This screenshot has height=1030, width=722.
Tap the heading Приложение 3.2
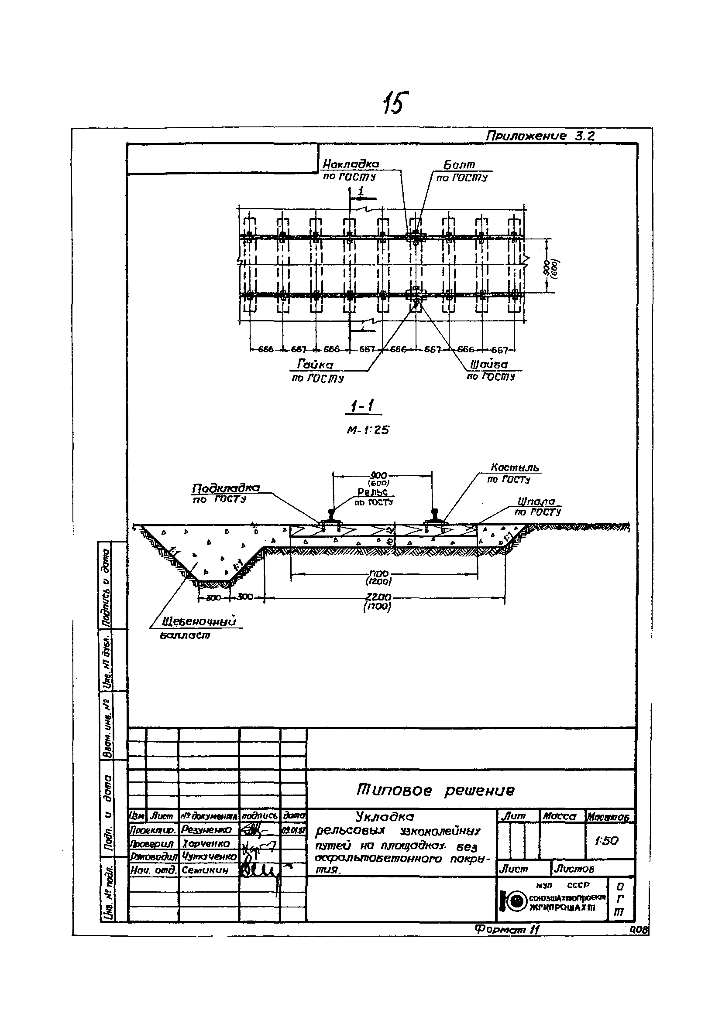pyautogui.click(x=540, y=136)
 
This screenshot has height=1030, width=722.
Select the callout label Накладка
pyautogui.click(x=351, y=164)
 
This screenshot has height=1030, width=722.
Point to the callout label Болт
pyautogui.click(x=459, y=165)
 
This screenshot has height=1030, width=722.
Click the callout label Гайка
pyautogui.click(x=315, y=365)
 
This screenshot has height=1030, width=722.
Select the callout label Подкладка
pyautogui.click(x=226, y=488)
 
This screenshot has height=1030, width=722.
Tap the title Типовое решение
pyautogui.click(x=435, y=790)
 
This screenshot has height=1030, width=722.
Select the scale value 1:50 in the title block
pyautogui.click(x=606, y=841)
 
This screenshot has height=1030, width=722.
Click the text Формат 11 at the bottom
pyautogui.click(x=506, y=930)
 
